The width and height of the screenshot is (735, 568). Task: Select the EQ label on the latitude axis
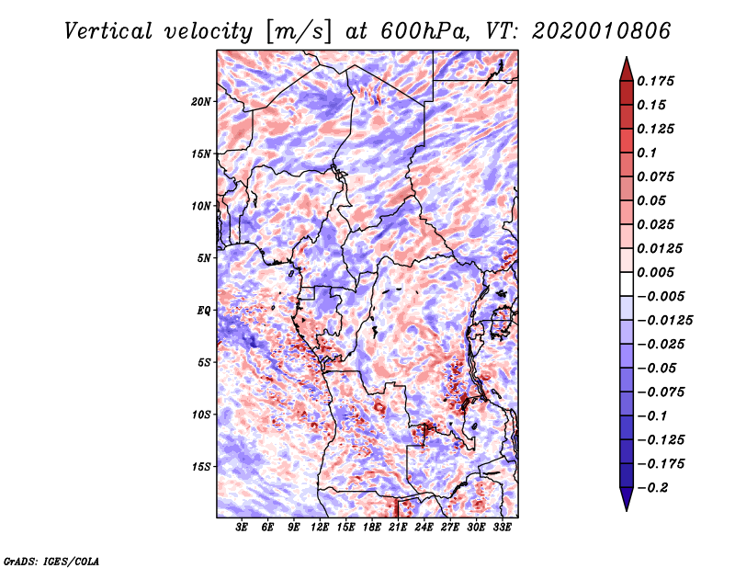204,310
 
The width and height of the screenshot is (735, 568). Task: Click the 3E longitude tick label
243,528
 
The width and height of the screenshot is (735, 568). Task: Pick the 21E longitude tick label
398,528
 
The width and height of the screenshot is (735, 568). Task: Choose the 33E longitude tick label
502,528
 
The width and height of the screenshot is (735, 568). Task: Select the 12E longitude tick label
320,528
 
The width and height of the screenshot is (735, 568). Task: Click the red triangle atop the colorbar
625,66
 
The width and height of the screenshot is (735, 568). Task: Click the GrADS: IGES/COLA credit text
51,560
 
